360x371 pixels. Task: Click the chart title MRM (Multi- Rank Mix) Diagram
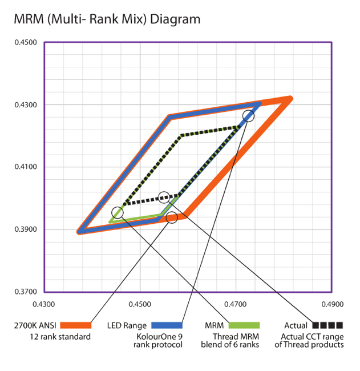107,19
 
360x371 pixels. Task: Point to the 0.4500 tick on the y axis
25,42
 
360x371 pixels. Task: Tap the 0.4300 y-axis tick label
25,105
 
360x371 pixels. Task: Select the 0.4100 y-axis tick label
25,167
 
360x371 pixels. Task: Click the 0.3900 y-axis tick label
25,229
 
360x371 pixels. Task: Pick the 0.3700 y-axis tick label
25,292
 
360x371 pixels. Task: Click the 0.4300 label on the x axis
44,304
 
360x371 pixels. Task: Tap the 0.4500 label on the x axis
140,304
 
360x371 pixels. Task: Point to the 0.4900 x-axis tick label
331,304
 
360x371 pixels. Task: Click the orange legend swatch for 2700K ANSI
75,325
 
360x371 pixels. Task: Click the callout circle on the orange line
172,217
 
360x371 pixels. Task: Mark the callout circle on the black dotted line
164,197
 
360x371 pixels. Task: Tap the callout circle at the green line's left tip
118,212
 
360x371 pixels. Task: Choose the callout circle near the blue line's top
248,116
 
